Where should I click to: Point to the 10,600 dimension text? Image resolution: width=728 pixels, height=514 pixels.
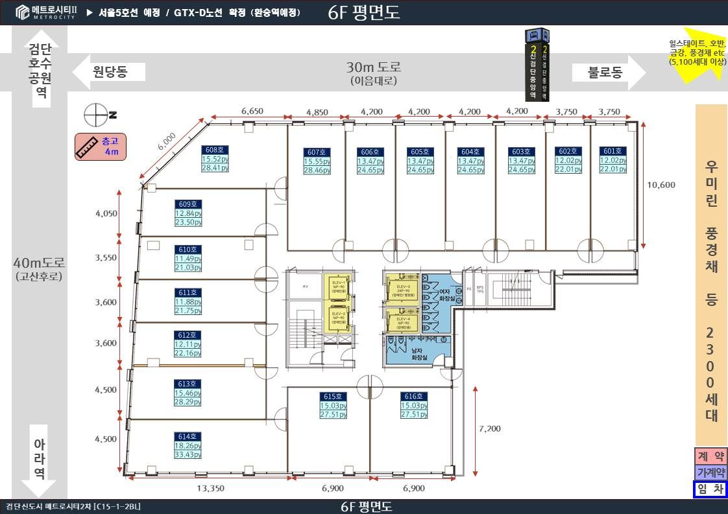661,185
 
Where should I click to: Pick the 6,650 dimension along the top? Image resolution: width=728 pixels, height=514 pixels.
252,111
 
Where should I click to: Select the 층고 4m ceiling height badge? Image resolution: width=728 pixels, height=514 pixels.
101,147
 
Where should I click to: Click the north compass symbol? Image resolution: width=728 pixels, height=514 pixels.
97,115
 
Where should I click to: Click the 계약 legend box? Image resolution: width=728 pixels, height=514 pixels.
710,456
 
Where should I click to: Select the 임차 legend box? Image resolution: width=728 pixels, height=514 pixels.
710,490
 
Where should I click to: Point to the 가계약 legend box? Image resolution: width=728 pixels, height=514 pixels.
710,473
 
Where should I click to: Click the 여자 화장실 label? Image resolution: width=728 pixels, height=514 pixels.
445,296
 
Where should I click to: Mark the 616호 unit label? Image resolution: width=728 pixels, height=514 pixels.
413,396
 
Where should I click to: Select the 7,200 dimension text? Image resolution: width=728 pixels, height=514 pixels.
489,428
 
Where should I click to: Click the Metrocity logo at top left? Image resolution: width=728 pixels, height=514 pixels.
45,12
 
